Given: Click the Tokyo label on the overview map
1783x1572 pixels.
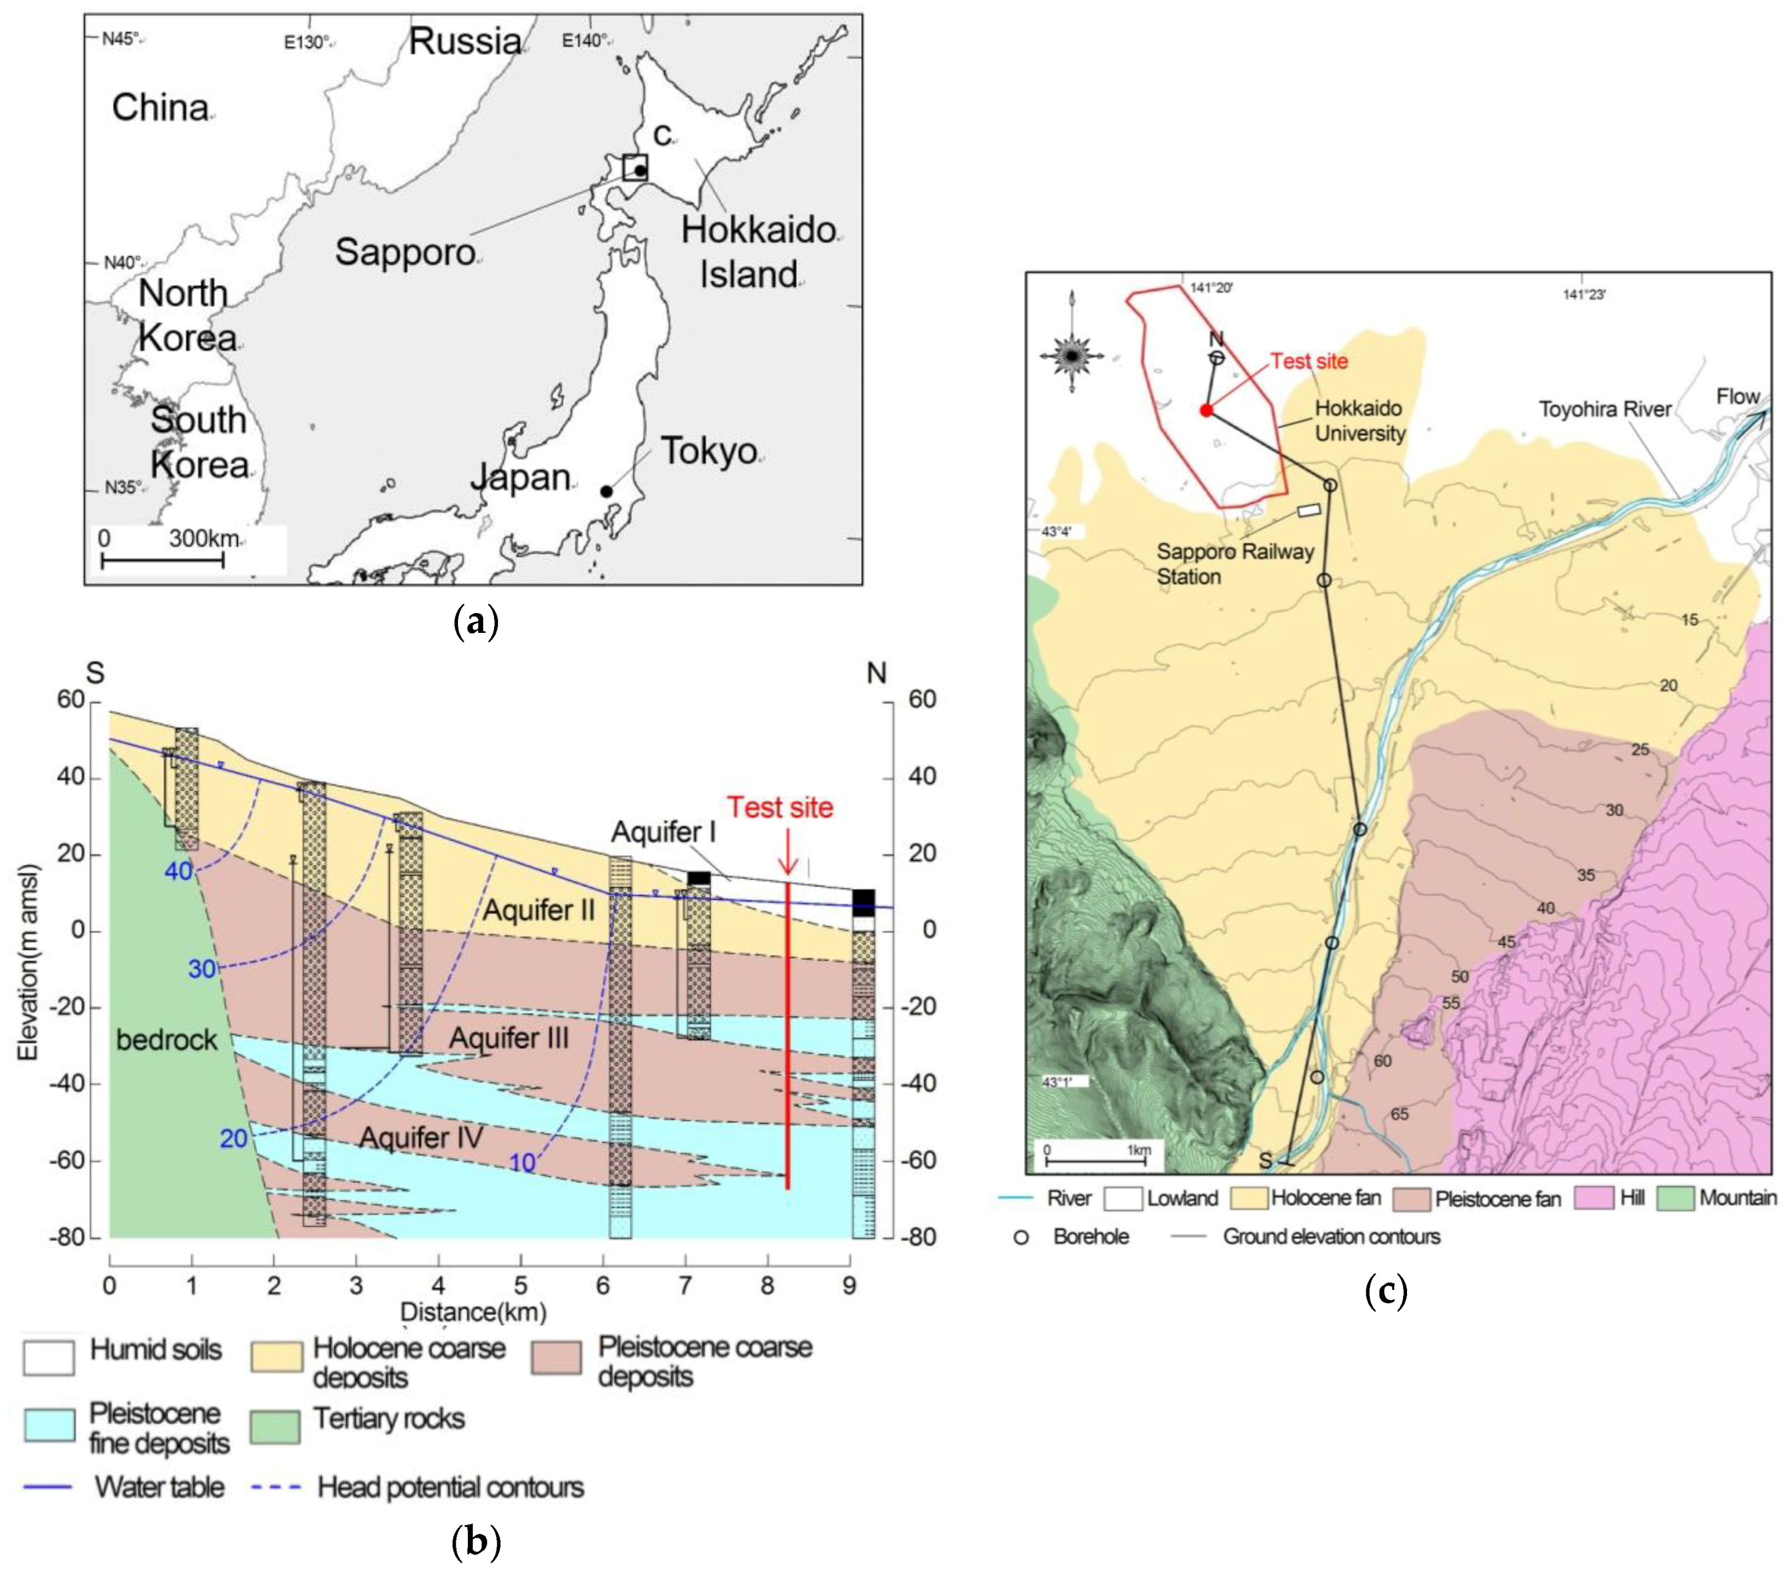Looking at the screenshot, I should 708,451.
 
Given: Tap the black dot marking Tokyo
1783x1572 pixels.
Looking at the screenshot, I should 606,491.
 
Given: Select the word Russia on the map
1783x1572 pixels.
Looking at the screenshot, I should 465,41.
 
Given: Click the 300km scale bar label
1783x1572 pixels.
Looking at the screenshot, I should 203,538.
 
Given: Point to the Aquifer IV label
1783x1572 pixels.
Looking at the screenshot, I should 422,1138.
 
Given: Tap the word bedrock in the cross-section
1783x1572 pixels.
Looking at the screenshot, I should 167,1039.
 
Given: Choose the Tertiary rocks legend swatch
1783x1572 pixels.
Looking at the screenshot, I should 275,1425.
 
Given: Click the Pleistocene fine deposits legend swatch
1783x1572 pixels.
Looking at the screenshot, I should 50,1425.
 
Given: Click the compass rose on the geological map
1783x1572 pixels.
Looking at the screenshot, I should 1071,355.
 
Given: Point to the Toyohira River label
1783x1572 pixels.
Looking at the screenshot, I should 1605,409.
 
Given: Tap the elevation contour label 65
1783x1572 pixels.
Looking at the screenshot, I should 1399,1114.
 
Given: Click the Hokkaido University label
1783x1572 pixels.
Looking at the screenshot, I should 1360,420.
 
